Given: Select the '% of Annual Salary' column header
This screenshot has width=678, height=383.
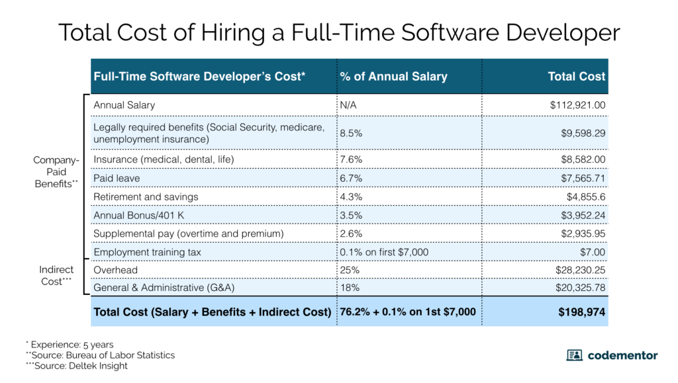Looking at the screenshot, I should point(393,76).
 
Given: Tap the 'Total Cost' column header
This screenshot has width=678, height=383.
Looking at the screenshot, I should point(576,76).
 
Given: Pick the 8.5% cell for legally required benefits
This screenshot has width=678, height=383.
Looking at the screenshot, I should point(351,132).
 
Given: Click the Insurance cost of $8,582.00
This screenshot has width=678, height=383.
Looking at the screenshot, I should point(581,159).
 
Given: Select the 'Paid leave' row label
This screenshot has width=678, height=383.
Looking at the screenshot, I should point(117,178).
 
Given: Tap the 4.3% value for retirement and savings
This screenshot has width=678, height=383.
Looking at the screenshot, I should point(351,196).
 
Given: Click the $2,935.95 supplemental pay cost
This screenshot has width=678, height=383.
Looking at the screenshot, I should point(581,234).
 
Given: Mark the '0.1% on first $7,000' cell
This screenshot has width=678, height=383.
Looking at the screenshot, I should point(384,252).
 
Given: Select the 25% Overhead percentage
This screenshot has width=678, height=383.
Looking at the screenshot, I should point(349,270).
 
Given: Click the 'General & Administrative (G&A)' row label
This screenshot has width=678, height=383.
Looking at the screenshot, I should point(164,287).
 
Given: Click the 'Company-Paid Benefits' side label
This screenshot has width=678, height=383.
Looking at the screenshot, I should point(56,172).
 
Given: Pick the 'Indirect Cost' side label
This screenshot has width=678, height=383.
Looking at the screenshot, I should point(56,276).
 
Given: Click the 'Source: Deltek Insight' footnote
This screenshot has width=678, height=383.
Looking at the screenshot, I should point(78,366).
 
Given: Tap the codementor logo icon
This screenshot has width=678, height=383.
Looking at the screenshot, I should point(574,355).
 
